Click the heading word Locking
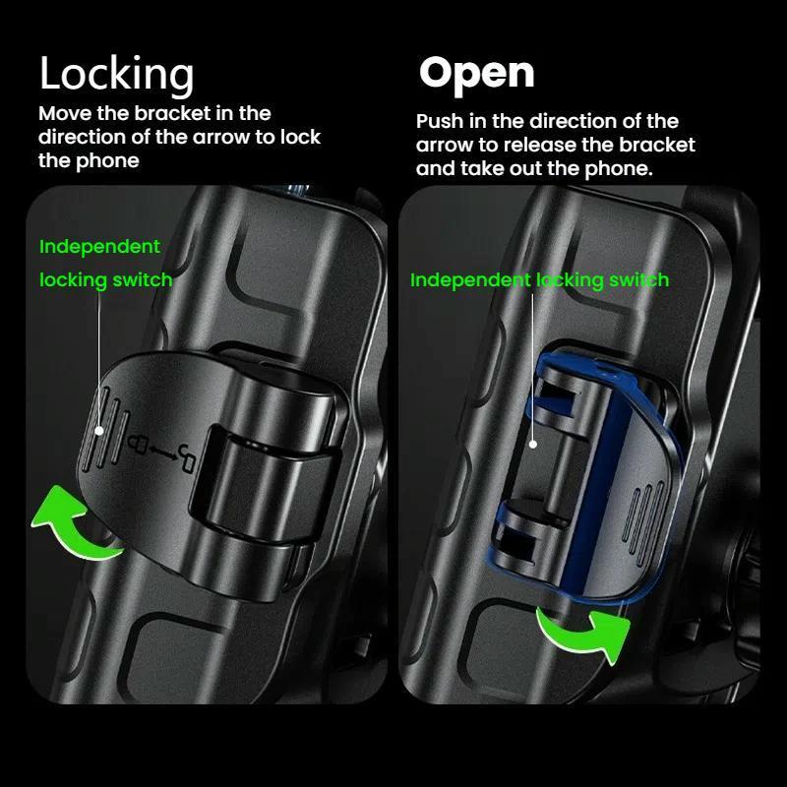(x=116, y=75)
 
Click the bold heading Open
(x=476, y=74)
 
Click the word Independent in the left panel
(x=99, y=247)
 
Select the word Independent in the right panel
(x=470, y=279)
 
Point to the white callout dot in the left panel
(x=99, y=431)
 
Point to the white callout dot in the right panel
(x=533, y=445)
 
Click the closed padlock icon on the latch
(x=137, y=443)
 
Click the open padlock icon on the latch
(x=187, y=458)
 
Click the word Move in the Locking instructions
(x=65, y=113)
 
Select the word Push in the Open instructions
(x=440, y=121)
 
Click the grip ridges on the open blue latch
(x=644, y=523)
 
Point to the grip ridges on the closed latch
(x=106, y=429)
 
